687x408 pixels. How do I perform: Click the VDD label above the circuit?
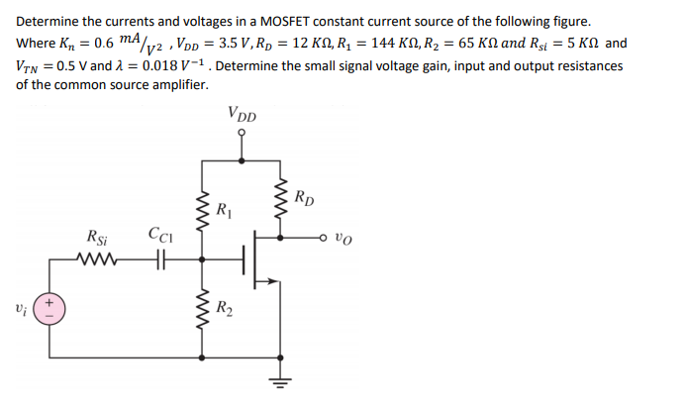pos(241,114)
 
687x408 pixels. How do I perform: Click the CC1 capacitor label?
pos(157,236)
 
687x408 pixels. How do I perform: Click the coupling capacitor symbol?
pos(157,261)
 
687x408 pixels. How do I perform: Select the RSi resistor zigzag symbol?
pos(98,261)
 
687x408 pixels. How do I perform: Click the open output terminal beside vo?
pos(326,239)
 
